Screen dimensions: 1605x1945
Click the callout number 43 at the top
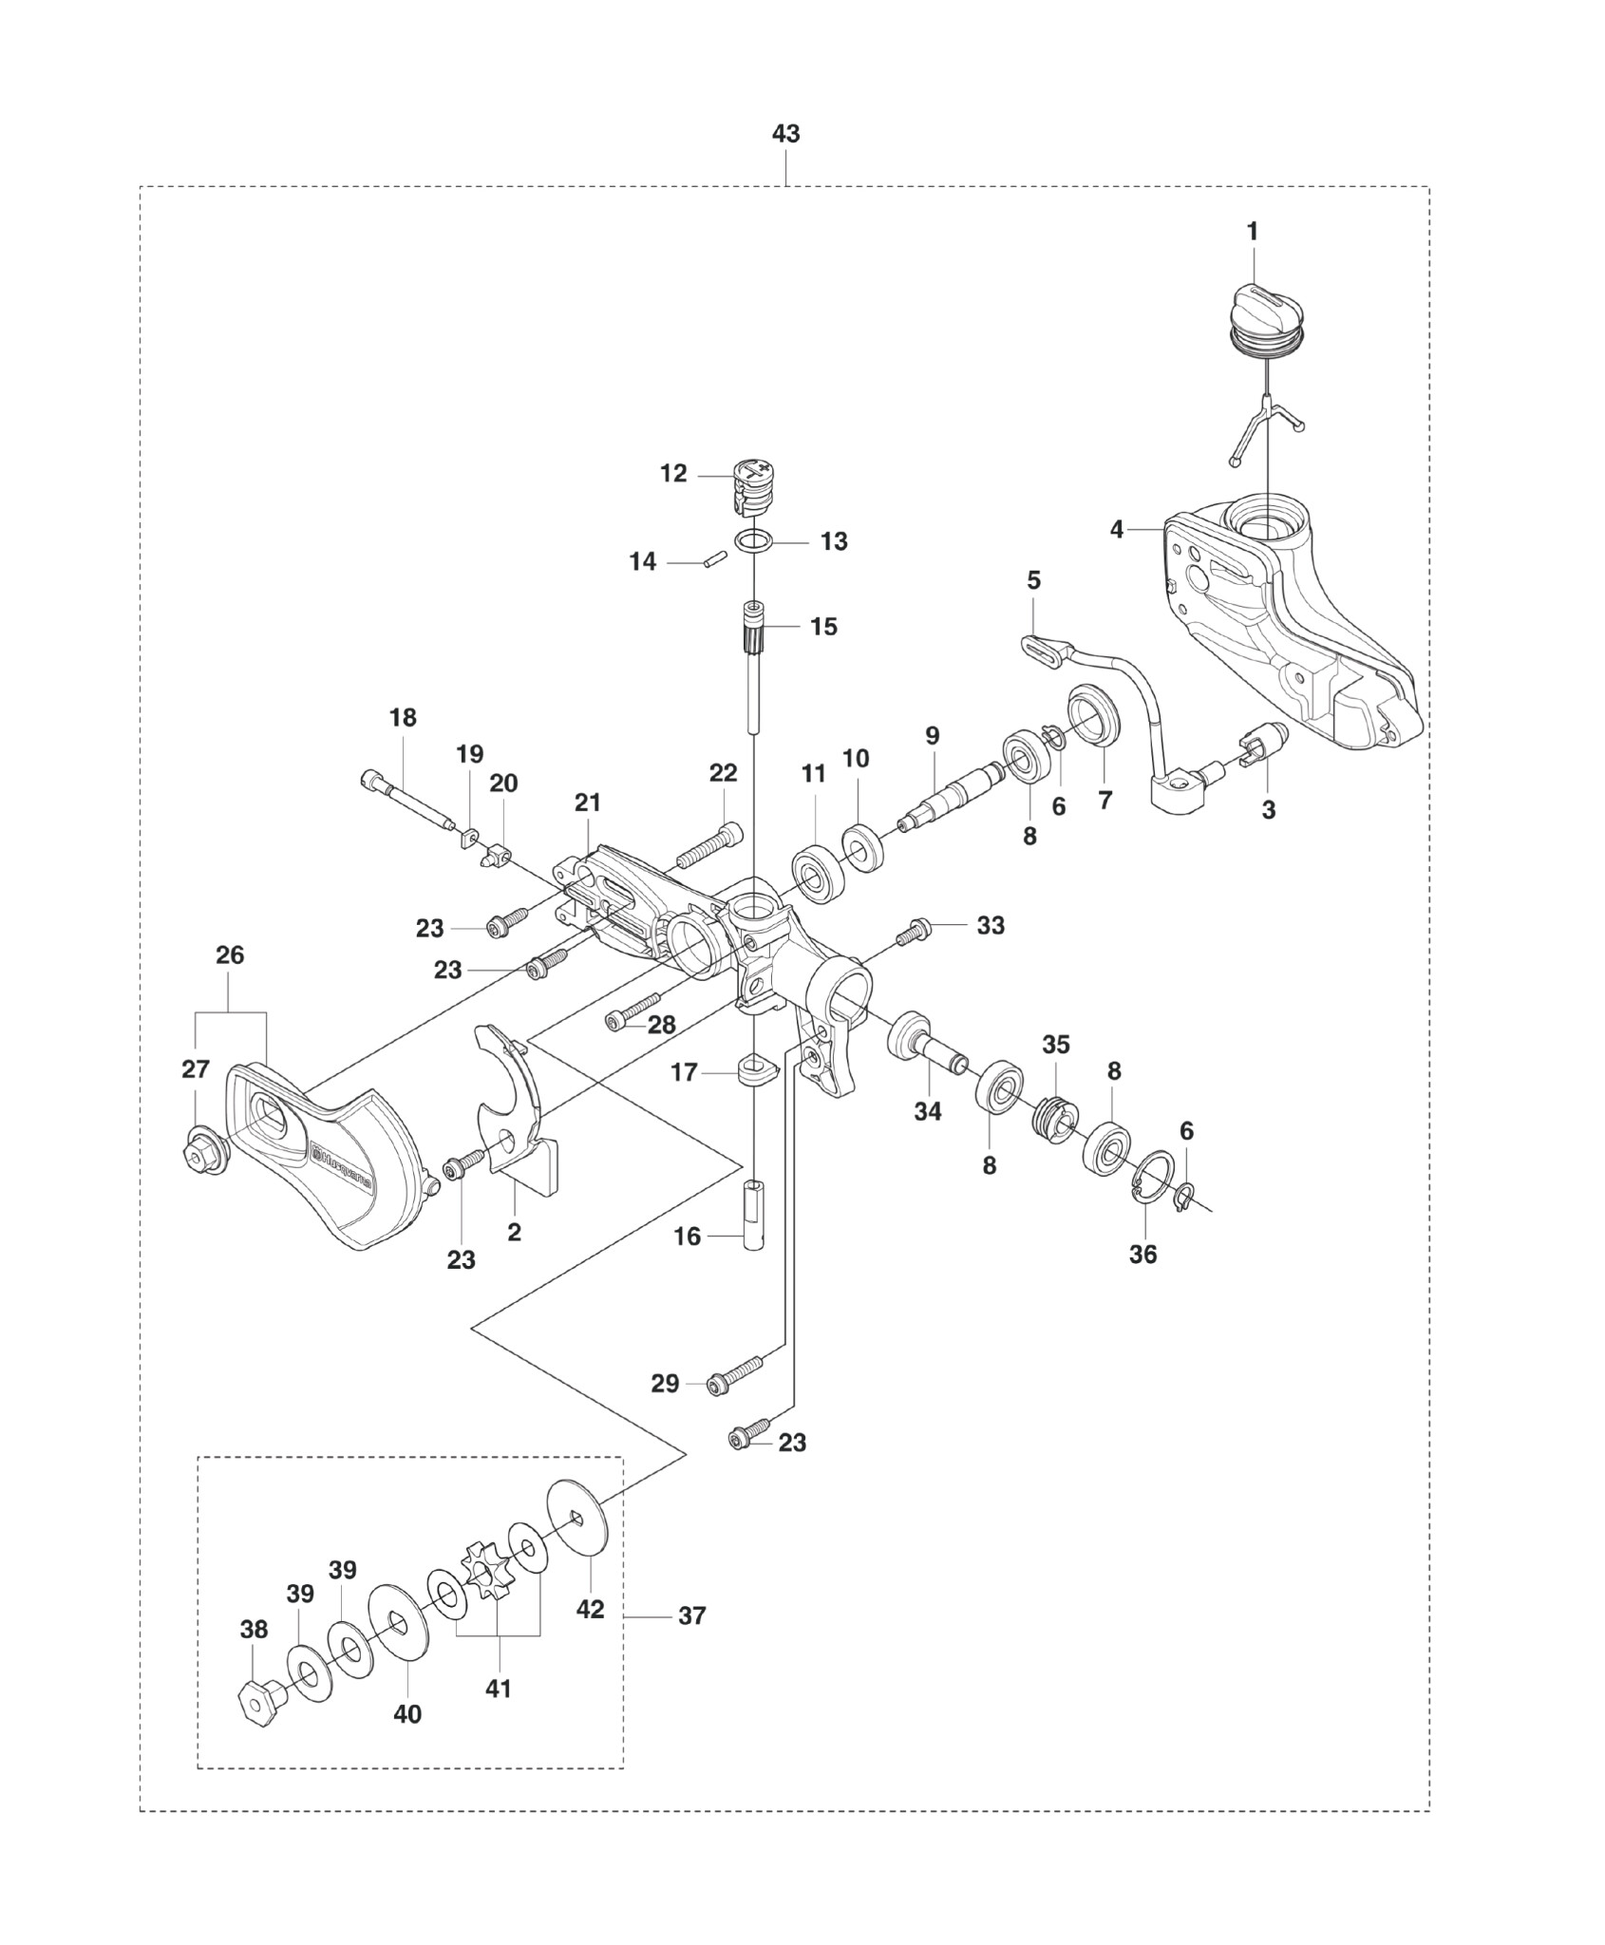pos(786,134)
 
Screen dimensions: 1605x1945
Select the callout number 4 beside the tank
pos(1117,529)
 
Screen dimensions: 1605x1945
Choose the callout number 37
pos(692,1615)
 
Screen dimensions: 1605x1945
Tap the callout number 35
pos(1056,1045)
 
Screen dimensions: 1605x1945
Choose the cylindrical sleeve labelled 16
pos(755,1218)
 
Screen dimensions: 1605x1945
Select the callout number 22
pos(724,774)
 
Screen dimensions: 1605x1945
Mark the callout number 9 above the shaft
pos(932,736)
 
